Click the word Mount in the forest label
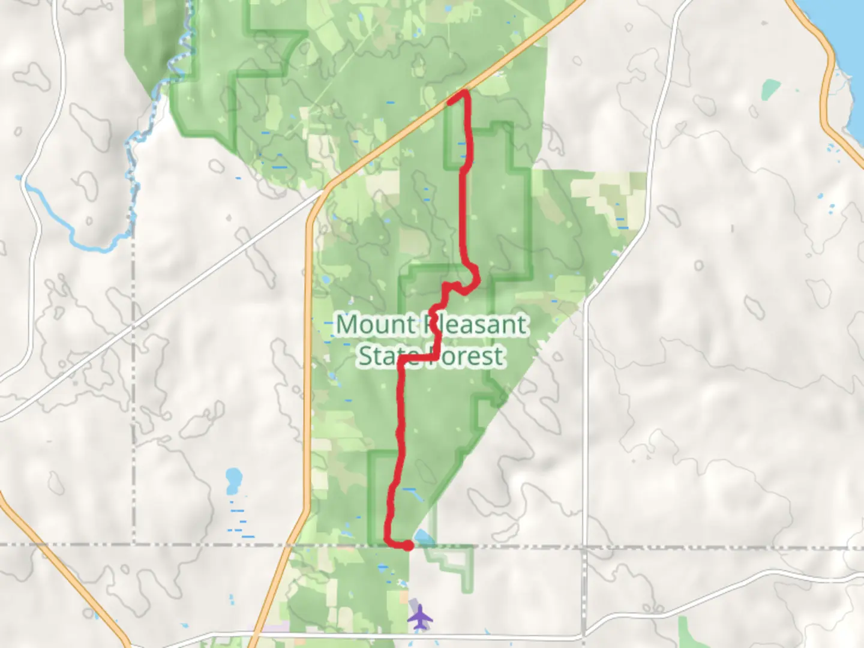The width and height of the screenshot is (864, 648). click(x=375, y=325)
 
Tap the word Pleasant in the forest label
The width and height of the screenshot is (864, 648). click(x=478, y=325)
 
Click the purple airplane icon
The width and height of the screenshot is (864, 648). click(x=420, y=616)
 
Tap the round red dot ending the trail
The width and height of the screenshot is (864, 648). click(x=407, y=545)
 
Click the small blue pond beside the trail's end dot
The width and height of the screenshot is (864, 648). click(x=422, y=537)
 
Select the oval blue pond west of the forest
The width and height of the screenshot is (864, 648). click(x=233, y=480)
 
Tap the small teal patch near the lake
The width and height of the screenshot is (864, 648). click(x=770, y=90)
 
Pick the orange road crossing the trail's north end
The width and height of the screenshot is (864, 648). click(x=420, y=120)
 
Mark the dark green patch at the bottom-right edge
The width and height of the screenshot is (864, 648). click(x=690, y=633)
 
